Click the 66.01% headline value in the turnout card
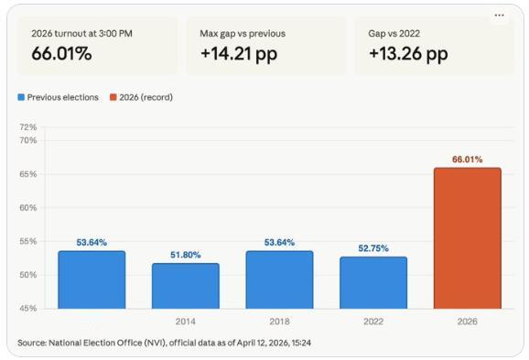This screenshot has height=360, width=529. (x=61, y=54)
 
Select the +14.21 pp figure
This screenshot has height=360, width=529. (x=239, y=54)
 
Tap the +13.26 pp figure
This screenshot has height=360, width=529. (x=408, y=54)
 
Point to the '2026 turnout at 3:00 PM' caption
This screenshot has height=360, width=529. (x=81, y=33)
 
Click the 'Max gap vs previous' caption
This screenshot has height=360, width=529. (x=243, y=33)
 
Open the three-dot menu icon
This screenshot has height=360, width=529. (x=499, y=15)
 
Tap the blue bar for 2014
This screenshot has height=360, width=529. (x=185, y=286)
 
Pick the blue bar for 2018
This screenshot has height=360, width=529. (x=279, y=279)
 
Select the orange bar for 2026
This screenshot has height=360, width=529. (x=467, y=238)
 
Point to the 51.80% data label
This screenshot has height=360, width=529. (x=185, y=255)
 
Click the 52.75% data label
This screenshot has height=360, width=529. (x=373, y=248)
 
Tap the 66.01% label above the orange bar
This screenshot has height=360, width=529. (x=467, y=159)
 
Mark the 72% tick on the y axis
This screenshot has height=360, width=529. (x=28, y=127)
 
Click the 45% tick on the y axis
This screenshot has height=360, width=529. (x=28, y=309)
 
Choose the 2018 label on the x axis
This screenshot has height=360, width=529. (x=279, y=322)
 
